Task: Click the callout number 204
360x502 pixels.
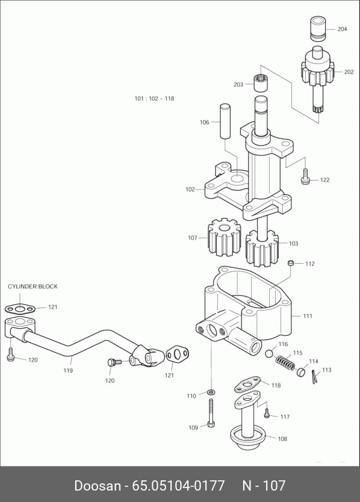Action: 342,29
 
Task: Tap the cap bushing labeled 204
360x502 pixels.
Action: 318,29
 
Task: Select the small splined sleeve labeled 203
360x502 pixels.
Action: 261,83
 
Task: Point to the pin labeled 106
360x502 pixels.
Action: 225,121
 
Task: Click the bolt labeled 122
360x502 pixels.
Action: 305,176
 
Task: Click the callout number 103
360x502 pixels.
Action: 293,244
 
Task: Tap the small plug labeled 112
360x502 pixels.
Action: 291,263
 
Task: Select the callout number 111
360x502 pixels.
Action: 308,316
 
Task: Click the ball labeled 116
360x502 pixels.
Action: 269,353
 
